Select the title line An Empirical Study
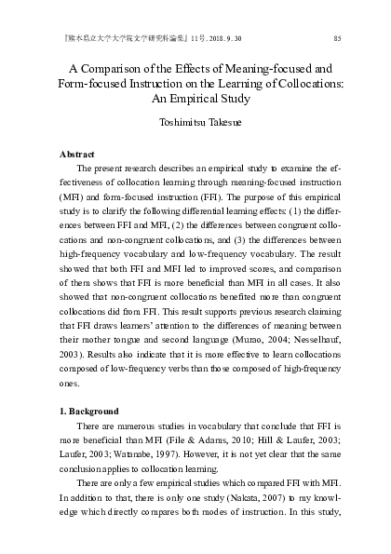[x=195, y=102]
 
